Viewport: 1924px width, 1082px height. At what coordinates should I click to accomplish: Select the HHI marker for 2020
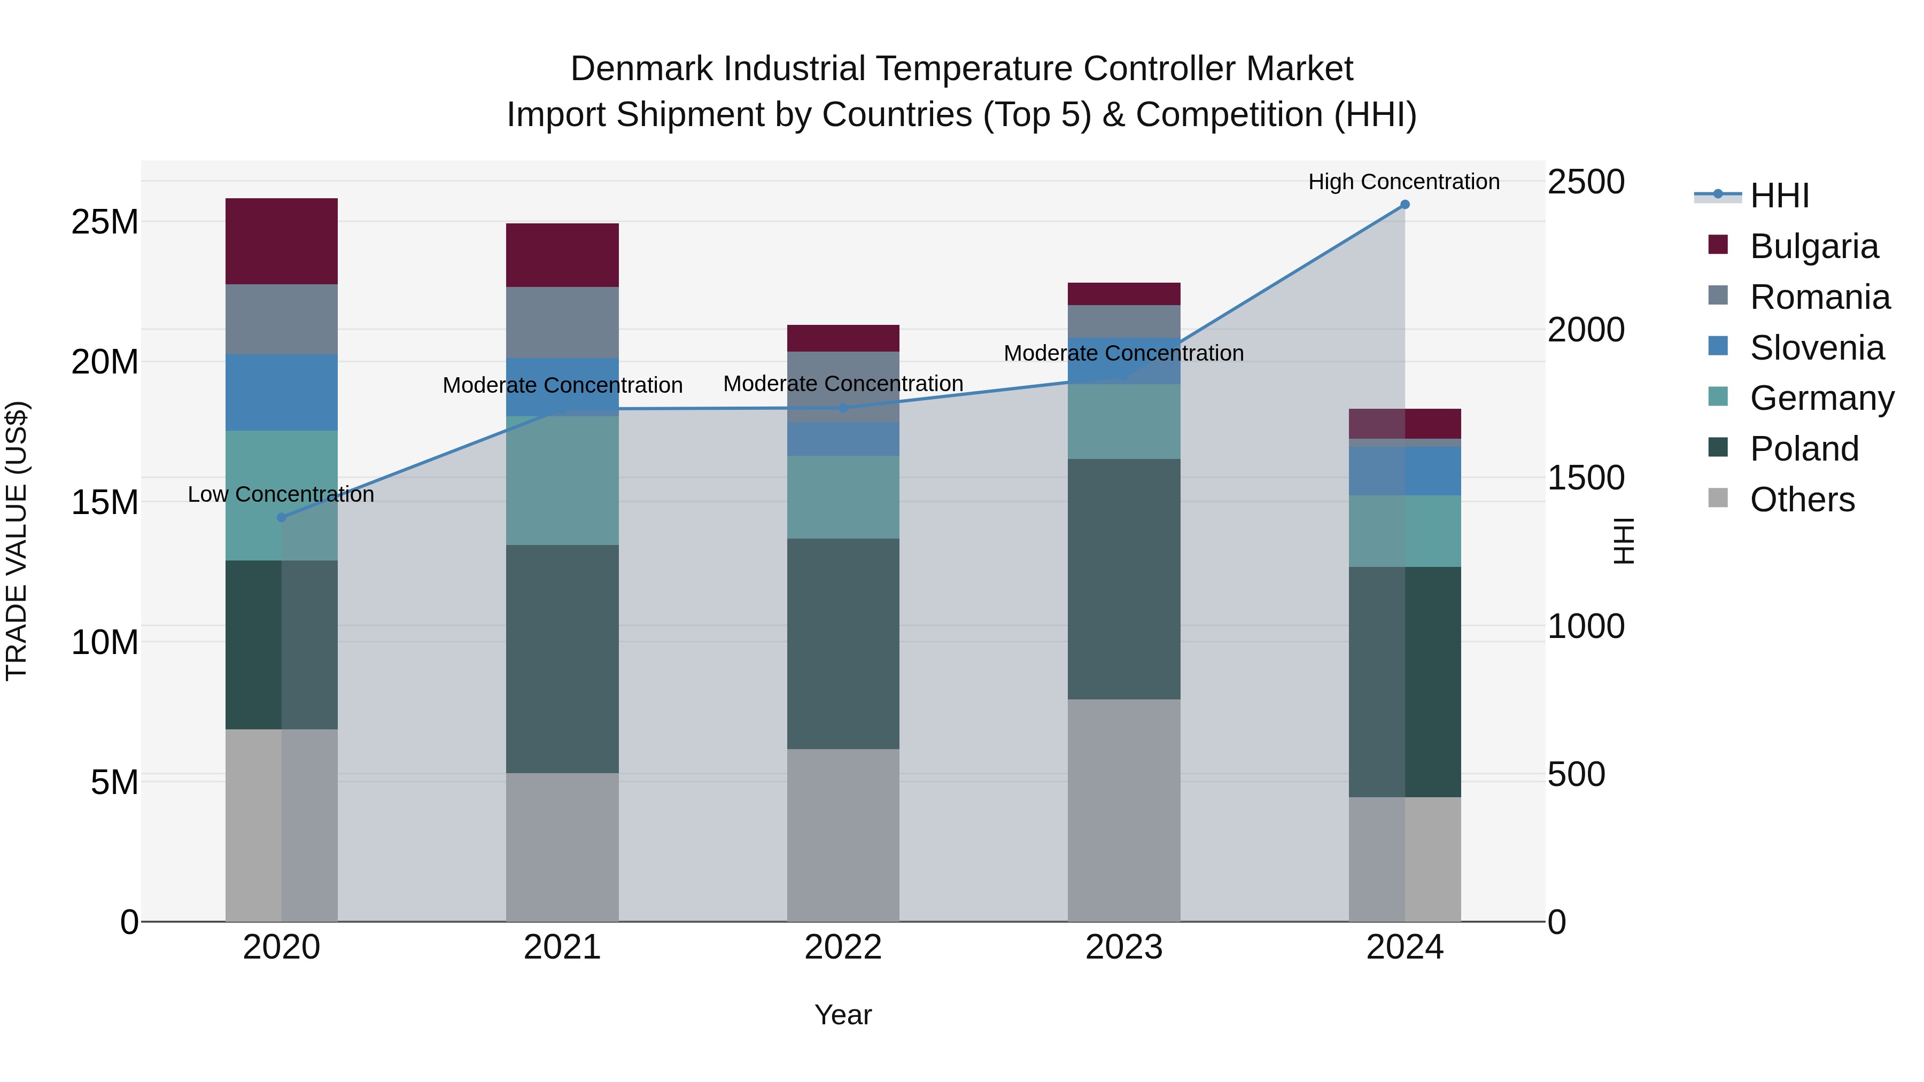click(282, 517)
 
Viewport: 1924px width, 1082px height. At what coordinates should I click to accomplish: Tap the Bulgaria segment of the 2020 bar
click(282, 241)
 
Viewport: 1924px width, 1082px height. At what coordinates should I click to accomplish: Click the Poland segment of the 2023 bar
click(1123, 579)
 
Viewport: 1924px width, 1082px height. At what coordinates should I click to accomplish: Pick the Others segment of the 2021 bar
click(562, 847)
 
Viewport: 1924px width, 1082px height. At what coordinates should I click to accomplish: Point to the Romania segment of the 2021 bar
click(562, 323)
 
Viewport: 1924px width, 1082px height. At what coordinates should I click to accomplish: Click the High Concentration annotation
click(1403, 182)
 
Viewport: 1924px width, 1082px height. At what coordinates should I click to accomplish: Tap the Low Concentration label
click(281, 494)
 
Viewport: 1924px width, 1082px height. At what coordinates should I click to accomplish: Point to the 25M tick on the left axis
click(105, 222)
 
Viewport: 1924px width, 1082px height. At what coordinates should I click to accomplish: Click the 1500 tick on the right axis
click(1585, 478)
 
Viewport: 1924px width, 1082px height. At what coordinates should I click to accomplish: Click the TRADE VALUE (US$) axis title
click(17, 541)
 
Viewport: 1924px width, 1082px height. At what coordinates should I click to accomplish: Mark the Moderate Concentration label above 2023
click(1123, 353)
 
